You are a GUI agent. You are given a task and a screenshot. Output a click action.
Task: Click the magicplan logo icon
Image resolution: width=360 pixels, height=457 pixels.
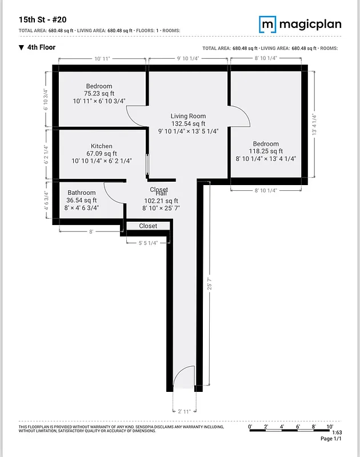pos(267,24)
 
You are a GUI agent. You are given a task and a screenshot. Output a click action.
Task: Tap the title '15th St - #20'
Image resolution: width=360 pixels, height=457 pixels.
pos(43,19)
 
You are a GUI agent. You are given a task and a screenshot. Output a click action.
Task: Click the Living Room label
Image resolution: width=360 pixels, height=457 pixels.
pos(188,116)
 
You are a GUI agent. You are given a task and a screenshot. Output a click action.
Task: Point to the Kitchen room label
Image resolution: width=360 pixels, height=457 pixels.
pos(101,146)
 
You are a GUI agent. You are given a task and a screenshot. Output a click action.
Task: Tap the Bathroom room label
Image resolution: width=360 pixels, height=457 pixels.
pos(82,193)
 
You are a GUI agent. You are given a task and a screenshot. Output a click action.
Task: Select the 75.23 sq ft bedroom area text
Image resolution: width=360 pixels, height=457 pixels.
pos(99,94)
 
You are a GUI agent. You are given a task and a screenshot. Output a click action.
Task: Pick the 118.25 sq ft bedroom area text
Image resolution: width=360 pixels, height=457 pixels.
pos(266,151)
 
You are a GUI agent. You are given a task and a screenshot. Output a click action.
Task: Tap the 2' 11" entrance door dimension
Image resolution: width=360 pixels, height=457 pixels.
pos(183,410)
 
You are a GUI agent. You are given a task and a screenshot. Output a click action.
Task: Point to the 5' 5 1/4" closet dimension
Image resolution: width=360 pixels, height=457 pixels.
pos(147,243)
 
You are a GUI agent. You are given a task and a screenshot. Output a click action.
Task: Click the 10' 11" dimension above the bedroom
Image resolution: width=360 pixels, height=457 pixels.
pos(102,58)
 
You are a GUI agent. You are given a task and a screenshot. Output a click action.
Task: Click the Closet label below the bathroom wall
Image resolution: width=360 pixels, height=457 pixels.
pos(148,226)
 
